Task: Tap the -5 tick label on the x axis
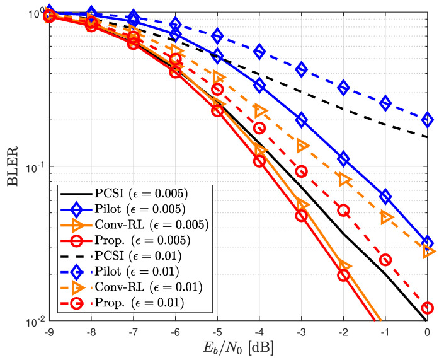[217, 332]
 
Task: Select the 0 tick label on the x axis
[428, 332]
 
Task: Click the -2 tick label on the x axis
[343, 332]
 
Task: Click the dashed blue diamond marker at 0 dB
[428, 119]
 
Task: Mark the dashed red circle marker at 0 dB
[428, 308]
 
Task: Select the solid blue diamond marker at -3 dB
[302, 120]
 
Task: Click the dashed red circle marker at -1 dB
[385, 260]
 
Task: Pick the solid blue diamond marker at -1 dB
[385, 197]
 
